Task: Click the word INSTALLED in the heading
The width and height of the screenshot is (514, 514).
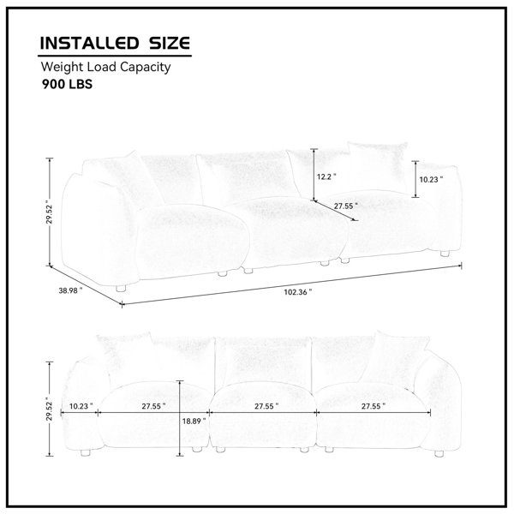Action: point(89,44)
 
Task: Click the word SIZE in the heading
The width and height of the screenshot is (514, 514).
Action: point(170,44)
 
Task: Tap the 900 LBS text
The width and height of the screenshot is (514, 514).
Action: point(67,84)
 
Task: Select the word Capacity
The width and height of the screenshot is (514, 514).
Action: point(145,68)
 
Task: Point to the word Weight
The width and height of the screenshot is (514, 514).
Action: point(63,68)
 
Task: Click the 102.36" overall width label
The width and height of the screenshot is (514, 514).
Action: point(298,292)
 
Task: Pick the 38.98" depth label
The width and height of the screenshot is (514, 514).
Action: point(70,290)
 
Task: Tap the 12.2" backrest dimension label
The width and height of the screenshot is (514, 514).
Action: point(326,177)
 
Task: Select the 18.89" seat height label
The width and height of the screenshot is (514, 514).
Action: point(194,421)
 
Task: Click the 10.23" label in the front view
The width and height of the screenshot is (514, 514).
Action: point(81,406)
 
